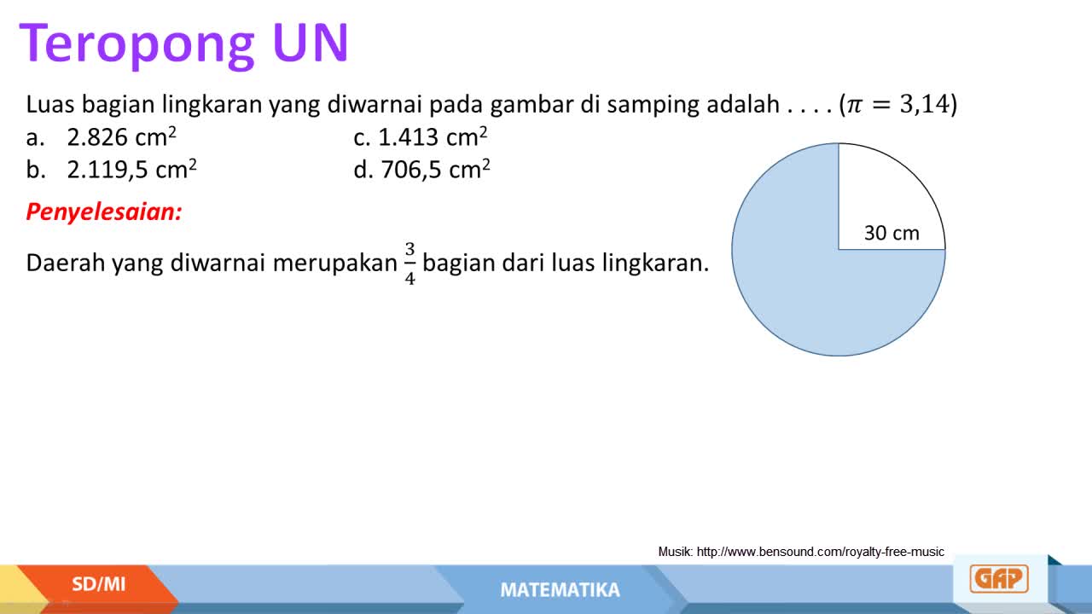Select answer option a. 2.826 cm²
click(x=101, y=137)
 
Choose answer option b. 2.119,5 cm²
click(x=111, y=170)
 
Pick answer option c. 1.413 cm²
click(x=421, y=137)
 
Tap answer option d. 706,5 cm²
click(x=421, y=170)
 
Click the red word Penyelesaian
click(x=104, y=212)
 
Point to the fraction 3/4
click(x=409, y=264)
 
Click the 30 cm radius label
click(x=892, y=233)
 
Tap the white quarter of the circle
click(x=882, y=205)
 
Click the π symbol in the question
click(x=854, y=105)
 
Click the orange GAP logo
click(x=999, y=578)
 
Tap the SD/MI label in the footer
click(x=98, y=584)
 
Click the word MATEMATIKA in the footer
click(x=561, y=589)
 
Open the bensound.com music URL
click(x=821, y=552)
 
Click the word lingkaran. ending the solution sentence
click(x=655, y=264)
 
